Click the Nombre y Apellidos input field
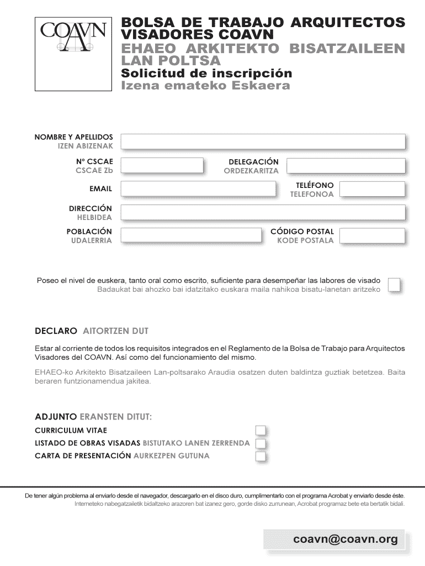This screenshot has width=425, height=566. point(263,141)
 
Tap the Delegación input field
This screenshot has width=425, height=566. point(346,165)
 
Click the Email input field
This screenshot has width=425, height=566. point(198,189)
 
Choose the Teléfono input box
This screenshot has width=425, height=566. point(372,189)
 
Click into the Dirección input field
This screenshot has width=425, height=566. point(263,212)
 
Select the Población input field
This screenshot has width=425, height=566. point(191,235)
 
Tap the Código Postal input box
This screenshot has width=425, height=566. point(372,235)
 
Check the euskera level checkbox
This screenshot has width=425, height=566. point(395,284)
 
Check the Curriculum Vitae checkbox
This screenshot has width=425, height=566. point(260,431)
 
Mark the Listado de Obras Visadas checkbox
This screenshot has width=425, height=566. point(260,443)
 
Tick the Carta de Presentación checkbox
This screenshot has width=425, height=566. point(260,456)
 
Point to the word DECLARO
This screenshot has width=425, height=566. point(56,332)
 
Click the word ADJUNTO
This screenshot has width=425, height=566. point(56,416)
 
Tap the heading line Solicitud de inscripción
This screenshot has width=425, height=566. point(206,74)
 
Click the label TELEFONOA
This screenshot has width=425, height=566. point(312,195)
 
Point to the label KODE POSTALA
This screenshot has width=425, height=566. point(305,240)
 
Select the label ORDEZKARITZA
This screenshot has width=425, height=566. point(251,171)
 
